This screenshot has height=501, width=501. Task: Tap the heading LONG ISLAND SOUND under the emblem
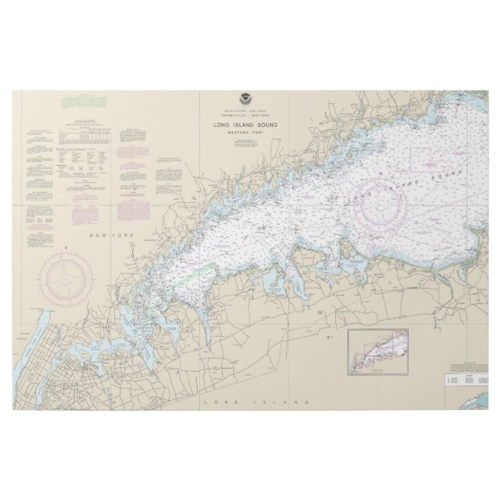(x=246, y=125)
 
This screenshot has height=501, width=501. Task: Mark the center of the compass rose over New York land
(x=72, y=279)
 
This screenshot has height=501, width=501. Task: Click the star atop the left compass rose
(x=72, y=252)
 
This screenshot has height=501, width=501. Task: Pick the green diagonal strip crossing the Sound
(x=200, y=272)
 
